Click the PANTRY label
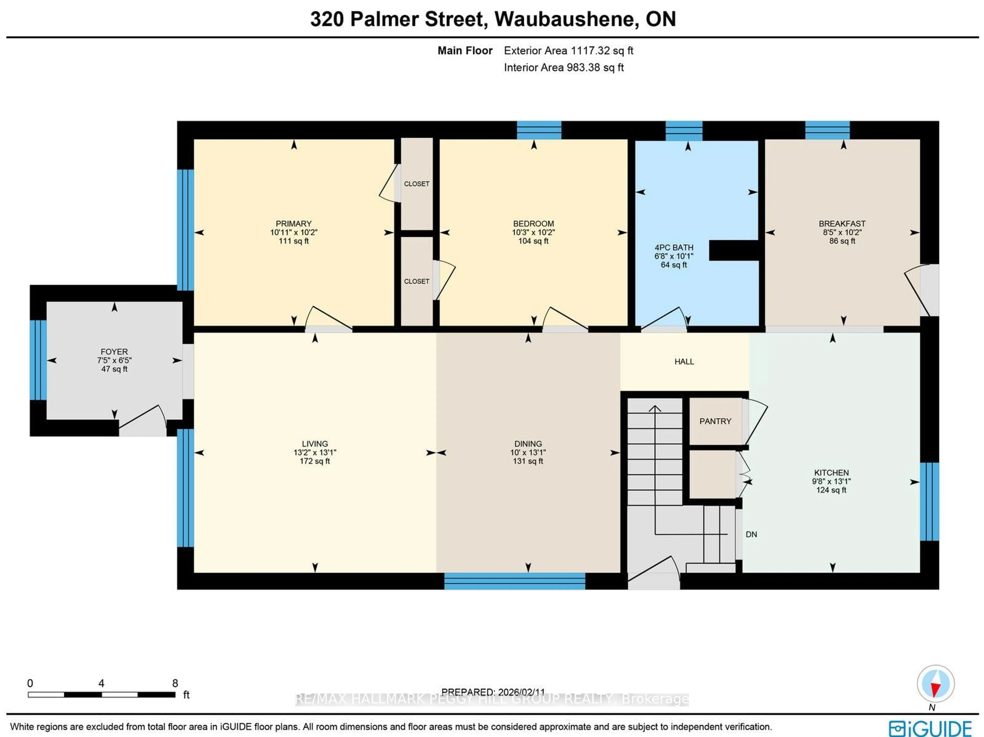coord(715,421)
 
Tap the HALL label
coord(684,361)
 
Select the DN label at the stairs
coord(751,534)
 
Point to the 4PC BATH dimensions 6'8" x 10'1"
coord(673,256)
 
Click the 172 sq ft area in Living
coord(314,461)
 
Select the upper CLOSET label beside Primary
coord(416,184)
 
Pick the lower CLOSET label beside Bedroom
coord(416,281)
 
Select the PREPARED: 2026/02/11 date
coord(493,692)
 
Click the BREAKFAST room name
coord(842,224)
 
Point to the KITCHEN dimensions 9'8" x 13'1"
coord(831,481)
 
